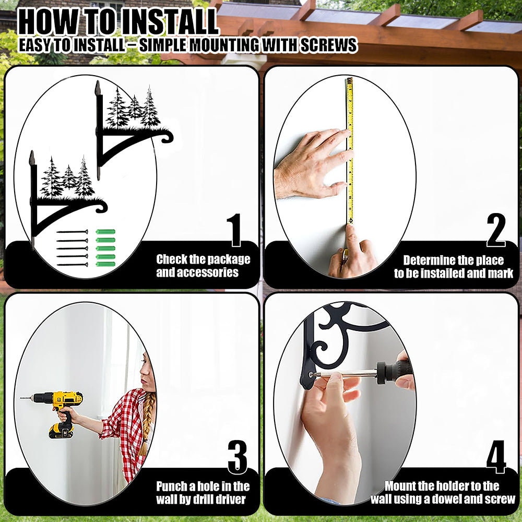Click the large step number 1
click(235, 230)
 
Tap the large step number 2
click(496, 230)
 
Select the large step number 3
click(238, 457)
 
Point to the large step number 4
click(496, 457)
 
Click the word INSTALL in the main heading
click(169, 22)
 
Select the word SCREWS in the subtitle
click(328, 45)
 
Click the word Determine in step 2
click(427, 260)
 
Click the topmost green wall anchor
click(105, 232)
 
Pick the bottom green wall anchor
click(105, 264)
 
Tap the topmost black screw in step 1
click(72, 232)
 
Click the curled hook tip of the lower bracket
click(101, 207)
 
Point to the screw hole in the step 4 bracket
click(311, 374)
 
